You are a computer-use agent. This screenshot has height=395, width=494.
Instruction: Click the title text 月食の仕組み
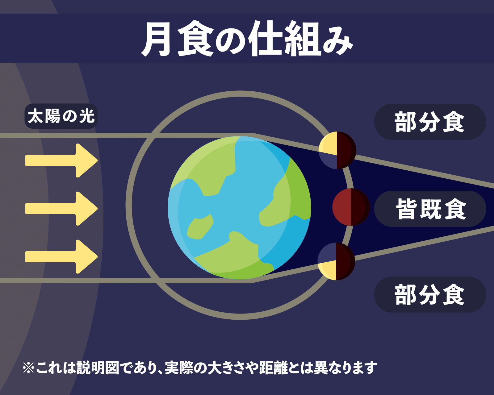247,39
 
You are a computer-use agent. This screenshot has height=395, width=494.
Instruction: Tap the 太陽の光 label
61,116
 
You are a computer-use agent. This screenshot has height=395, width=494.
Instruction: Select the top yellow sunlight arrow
61,160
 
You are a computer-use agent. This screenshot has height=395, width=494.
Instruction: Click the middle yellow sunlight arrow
61,208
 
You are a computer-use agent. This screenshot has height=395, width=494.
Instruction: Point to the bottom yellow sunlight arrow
61,257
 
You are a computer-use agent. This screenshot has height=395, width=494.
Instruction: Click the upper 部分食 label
430,122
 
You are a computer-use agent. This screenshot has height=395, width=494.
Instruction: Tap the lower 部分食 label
430,294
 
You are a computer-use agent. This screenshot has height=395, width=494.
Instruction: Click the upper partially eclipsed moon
337,150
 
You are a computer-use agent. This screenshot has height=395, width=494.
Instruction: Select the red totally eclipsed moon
351,207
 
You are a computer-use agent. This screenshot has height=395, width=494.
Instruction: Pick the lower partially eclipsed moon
336,261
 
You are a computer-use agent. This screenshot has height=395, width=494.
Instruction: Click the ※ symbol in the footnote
28,368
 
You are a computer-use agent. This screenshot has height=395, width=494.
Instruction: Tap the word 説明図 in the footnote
98,368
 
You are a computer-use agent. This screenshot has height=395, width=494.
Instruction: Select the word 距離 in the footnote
274,368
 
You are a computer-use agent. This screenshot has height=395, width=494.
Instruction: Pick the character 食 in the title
195,39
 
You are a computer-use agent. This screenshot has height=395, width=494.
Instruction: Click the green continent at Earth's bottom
234,257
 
